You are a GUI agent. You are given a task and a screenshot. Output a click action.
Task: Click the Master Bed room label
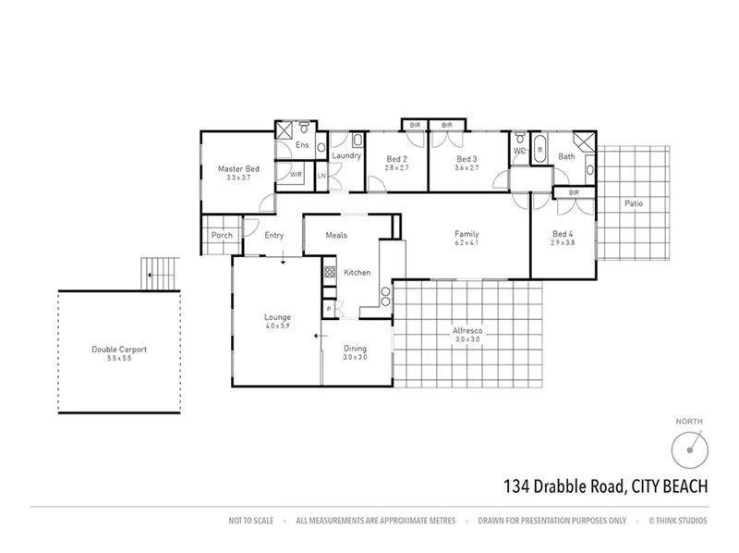tap(238, 169)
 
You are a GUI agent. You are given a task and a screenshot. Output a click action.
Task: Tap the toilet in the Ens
tap(321, 147)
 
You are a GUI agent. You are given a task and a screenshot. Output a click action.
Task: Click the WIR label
tap(296, 174)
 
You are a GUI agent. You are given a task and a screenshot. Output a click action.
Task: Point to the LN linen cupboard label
tap(322, 176)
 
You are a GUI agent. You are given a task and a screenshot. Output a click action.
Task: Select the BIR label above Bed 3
tap(446, 125)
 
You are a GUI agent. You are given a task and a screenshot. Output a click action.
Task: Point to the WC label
tap(519, 149)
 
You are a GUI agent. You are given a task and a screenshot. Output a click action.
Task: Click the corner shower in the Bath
tap(584, 141)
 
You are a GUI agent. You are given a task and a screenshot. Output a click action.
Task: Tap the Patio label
tap(633, 203)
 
